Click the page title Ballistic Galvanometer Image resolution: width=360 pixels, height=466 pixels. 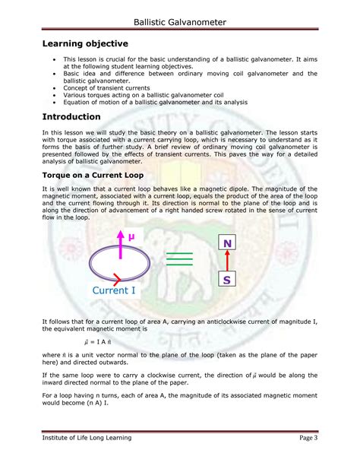coord(180,22)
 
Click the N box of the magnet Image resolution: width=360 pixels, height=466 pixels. coord(227,243)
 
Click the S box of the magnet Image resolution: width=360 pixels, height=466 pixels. coord(227,281)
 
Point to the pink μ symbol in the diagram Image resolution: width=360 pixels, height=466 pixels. coord(130,237)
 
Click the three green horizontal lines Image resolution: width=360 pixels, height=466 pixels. coord(179,260)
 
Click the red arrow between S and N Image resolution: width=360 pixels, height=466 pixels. coord(227,262)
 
